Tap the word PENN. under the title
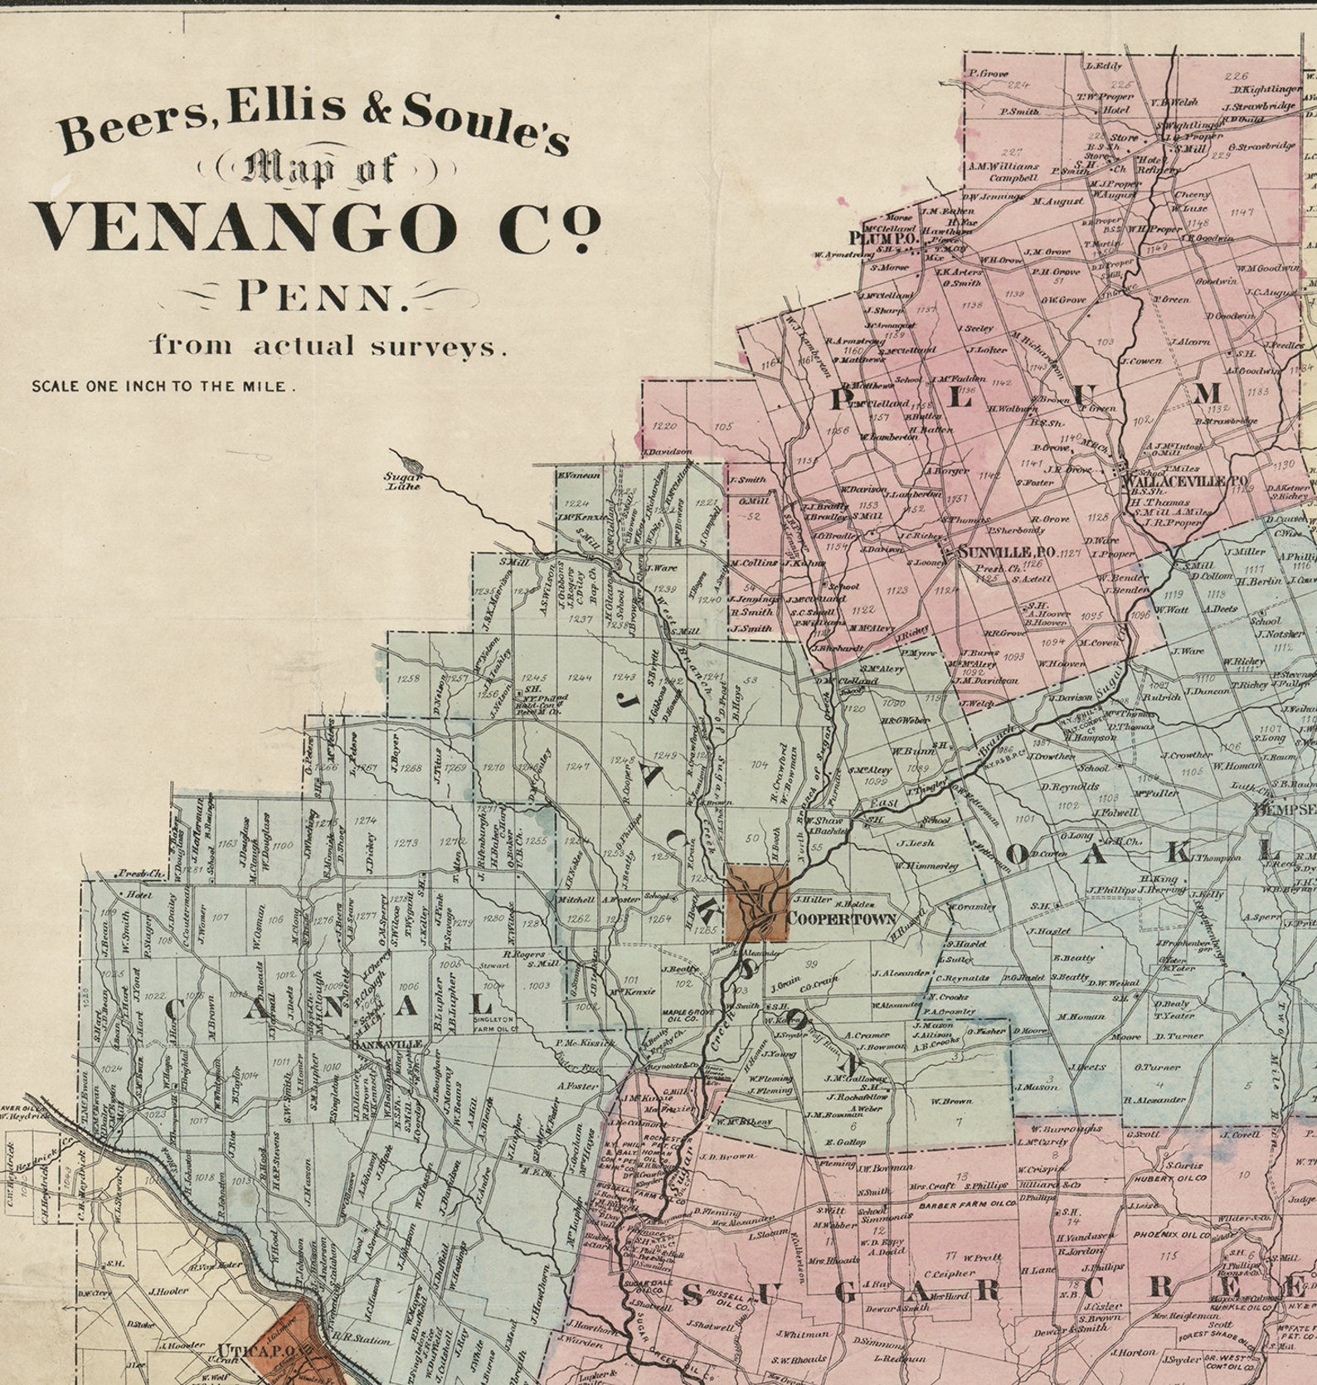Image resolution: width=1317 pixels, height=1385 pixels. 323,296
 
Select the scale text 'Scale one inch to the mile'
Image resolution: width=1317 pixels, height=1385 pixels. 163,386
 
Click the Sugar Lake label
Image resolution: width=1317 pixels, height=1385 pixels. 404,480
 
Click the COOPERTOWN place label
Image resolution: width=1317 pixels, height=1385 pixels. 841,918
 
